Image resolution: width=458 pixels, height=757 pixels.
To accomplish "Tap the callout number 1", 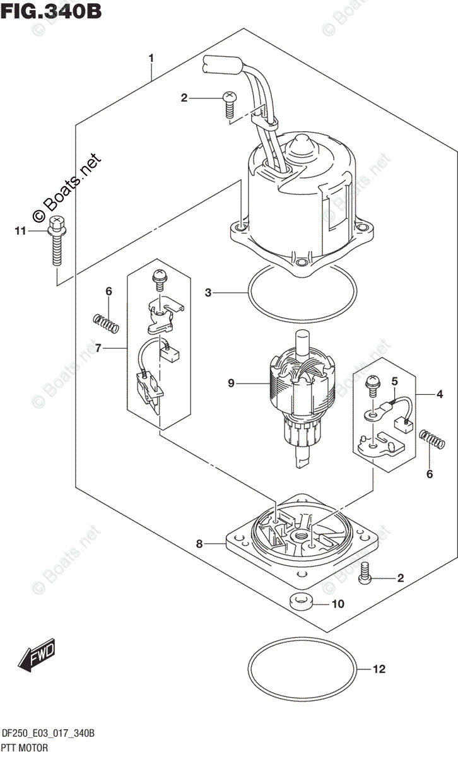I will (x=151, y=59).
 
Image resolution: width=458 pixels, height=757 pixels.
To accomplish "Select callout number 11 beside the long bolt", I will (x=21, y=232).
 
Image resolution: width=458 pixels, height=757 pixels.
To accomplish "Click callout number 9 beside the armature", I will (x=231, y=382).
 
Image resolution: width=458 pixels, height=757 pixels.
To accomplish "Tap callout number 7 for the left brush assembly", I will (x=98, y=348).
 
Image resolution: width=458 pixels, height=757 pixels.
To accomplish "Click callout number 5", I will (x=394, y=381).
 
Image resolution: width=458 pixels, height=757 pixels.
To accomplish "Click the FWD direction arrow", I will (x=38, y=656).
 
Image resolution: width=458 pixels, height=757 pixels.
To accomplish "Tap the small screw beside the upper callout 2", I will (x=228, y=104).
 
